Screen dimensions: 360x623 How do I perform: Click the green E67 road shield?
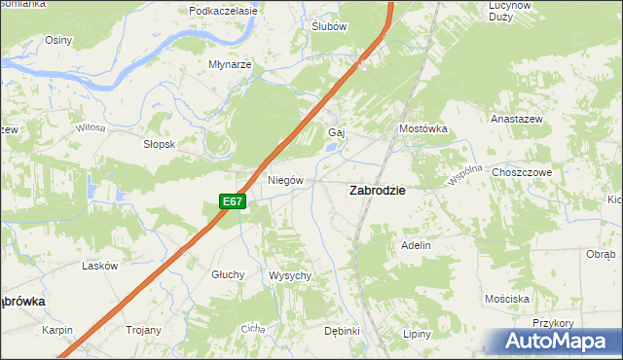pyautogui.click(x=232, y=201)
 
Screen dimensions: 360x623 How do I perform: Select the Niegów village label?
pyautogui.click(x=286, y=180)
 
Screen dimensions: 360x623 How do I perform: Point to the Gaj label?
pyautogui.click(x=338, y=132)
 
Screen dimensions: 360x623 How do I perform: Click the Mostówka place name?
pyautogui.click(x=422, y=128)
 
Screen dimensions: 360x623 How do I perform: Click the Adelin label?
pyautogui.click(x=416, y=246)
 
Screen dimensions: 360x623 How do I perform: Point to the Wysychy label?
pyautogui.click(x=289, y=275)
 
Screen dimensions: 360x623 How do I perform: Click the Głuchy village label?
pyautogui.click(x=228, y=274)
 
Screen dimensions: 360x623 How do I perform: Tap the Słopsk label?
pyautogui.click(x=159, y=143)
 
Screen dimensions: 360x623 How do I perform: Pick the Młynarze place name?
pyautogui.click(x=230, y=64)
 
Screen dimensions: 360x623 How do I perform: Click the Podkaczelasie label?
pyautogui.click(x=223, y=11)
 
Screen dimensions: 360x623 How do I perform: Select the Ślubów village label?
pyautogui.click(x=329, y=26)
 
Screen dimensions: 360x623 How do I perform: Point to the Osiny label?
pyautogui.click(x=59, y=40)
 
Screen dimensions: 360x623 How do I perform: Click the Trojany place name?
pyautogui.click(x=142, y=330)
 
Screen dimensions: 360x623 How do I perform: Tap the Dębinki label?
pyautogui.click(x=343, y=331)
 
